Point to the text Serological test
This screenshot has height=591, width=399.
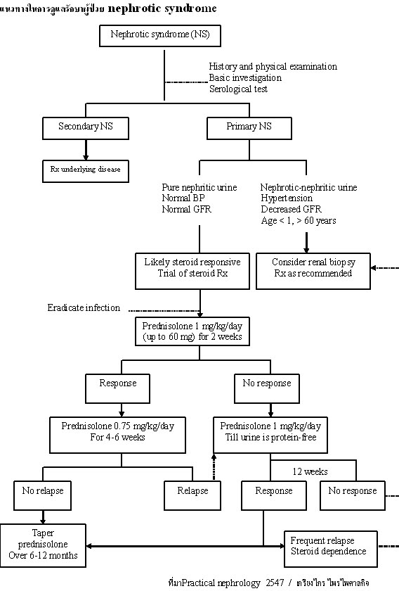click(x=238, y=89)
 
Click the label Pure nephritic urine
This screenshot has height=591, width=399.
click(x=199, y=187)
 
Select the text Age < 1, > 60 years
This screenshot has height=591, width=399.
click(x=298, y=221)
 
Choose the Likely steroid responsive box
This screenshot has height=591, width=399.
click(x=192, y=268)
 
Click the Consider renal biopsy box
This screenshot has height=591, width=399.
click(x=313, y=268)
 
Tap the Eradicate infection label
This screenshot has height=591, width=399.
click(x=84, y=307)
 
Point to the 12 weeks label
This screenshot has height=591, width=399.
click(x=310, y=471)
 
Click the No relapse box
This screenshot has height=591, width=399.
click(x=42, y=491)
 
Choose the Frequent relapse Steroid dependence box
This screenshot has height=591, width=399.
click(x=330, y=546)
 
